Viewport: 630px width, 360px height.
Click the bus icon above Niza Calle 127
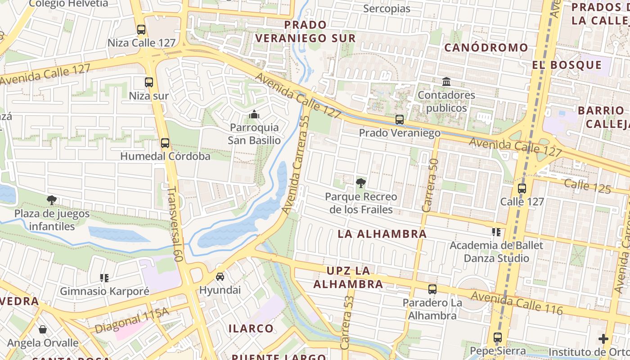pyautogui.click(x=141, y=30)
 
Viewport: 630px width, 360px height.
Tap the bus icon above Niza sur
pyautogui.click(x=149, y=82)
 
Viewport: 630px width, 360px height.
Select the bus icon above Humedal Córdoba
pyautogui.click(x=165, y=143)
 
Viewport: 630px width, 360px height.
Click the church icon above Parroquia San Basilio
pyautogui.click(x=254, y=114)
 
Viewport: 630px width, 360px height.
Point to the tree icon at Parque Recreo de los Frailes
pyautogui.click(x=360, y=183)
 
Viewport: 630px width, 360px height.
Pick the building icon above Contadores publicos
pyautogui.click(x=446, y=82)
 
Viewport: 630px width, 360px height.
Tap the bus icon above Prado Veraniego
pyautogui.click(x=399, y=120)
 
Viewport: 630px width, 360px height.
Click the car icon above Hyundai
pyautogui.click(x=220, y=276)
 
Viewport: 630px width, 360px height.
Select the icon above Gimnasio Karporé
pyautogui.click(x=104, y=278)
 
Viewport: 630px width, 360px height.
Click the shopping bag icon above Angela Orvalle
pyautogui.click(x=43, y=329)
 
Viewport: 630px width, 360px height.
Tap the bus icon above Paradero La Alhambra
pyautogui.click(x=432, y=289)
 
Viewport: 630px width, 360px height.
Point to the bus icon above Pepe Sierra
pyautogui.click(x=497, y=337)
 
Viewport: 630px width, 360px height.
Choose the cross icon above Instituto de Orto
pyautogui.click(x=603, y=339)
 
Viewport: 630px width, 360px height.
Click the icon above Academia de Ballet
pyautogui.click(x=496, y=232)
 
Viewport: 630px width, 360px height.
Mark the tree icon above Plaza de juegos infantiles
pyautogui.click(x=52, y=200)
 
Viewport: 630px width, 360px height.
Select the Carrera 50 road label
pyautogui.click(x=430, y=185)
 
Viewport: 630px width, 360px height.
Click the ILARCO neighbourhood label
pyautogui.click(x=251, y=328)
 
